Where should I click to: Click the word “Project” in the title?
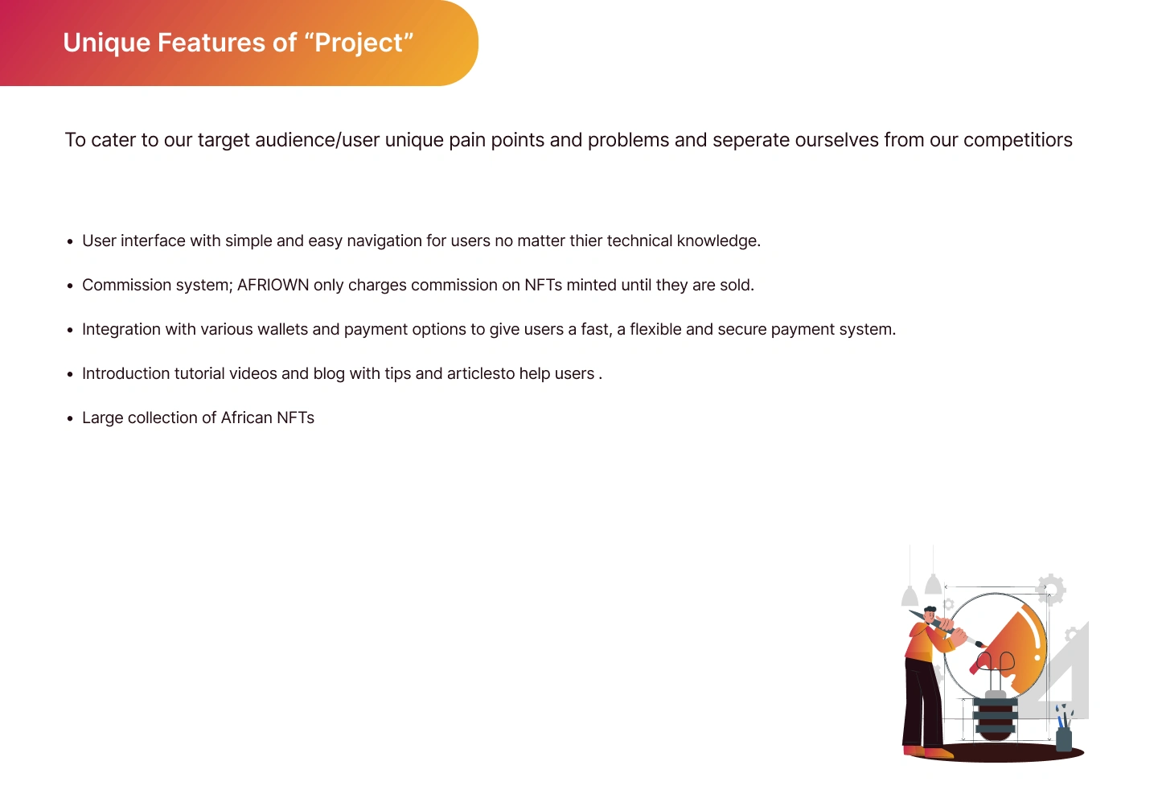(x=364, y=43)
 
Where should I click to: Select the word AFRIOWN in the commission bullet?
(x=273, y=285)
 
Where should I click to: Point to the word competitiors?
(x=1018, y=141)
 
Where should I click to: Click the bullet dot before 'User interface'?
(x=70, y=241)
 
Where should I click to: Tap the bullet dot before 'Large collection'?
(x=70, y=419)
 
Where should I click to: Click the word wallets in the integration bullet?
(x=282, y=329)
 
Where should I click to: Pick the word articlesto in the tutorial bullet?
(x=481, y=373)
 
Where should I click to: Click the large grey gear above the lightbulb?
(x=1050, y=589)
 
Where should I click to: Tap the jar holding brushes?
(x=1063, y=739)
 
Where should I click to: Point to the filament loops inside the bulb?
(x=996, y=662)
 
